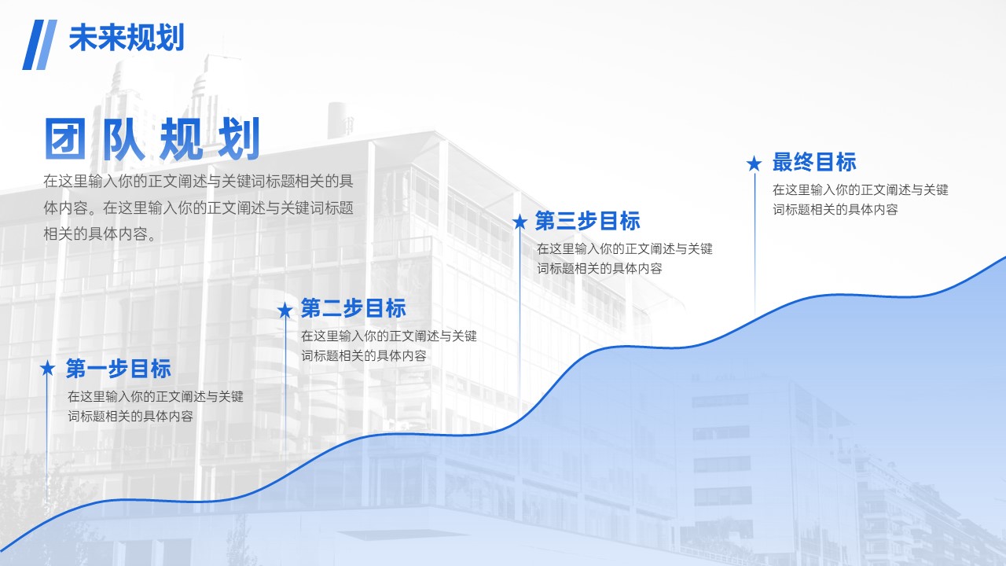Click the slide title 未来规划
(x=127, y=38)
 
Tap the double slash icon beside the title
(x=39, y=45)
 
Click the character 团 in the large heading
(x=65, y=138)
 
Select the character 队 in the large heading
(x=123, y=138)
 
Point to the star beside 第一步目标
(x=47, y=369)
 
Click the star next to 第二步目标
(x=285, y=310)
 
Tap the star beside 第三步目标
(x=520, y=222)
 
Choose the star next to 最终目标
(x=754, y=164)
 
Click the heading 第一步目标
(x=119, y=369)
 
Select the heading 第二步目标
(x=354, y=308)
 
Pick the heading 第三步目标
(x=587, y=221)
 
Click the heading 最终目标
(x=814, y=162)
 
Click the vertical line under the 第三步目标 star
(x=520, y=320)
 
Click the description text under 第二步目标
(x=389, y=346)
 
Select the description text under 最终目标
(x=861, y=200)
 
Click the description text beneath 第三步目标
(x=625, y=259)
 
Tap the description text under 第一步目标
(x=156, y=406)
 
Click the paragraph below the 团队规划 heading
(x=199, y=208)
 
